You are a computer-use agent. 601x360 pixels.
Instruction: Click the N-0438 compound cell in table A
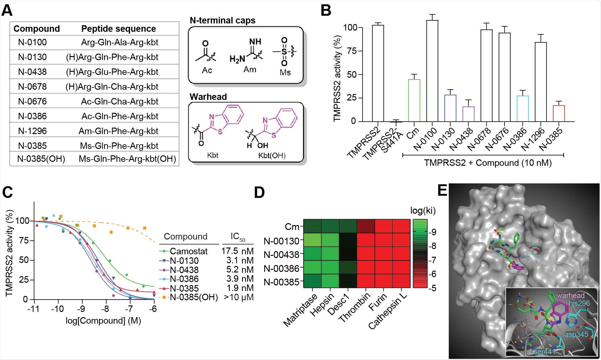32,72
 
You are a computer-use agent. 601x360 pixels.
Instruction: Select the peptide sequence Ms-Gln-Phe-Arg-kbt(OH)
127,159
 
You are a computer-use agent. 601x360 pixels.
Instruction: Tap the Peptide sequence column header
118,29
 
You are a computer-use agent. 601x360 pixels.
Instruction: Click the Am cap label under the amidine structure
250,70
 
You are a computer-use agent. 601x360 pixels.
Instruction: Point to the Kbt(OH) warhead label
272,155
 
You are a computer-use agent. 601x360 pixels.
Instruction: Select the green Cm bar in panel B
414,100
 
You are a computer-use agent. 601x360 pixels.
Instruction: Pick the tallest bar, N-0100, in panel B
432,71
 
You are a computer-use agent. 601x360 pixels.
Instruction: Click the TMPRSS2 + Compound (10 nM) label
488,163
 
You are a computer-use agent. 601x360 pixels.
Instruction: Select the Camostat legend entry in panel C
189,251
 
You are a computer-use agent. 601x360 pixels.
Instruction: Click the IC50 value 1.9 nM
240,288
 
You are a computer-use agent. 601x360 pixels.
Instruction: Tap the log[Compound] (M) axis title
103,321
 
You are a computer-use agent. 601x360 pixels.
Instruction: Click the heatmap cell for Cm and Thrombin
366,226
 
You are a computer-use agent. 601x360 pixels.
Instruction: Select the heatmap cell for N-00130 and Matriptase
313,240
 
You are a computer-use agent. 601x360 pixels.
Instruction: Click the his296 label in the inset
579,303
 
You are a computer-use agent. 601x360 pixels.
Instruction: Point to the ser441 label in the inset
544,351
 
